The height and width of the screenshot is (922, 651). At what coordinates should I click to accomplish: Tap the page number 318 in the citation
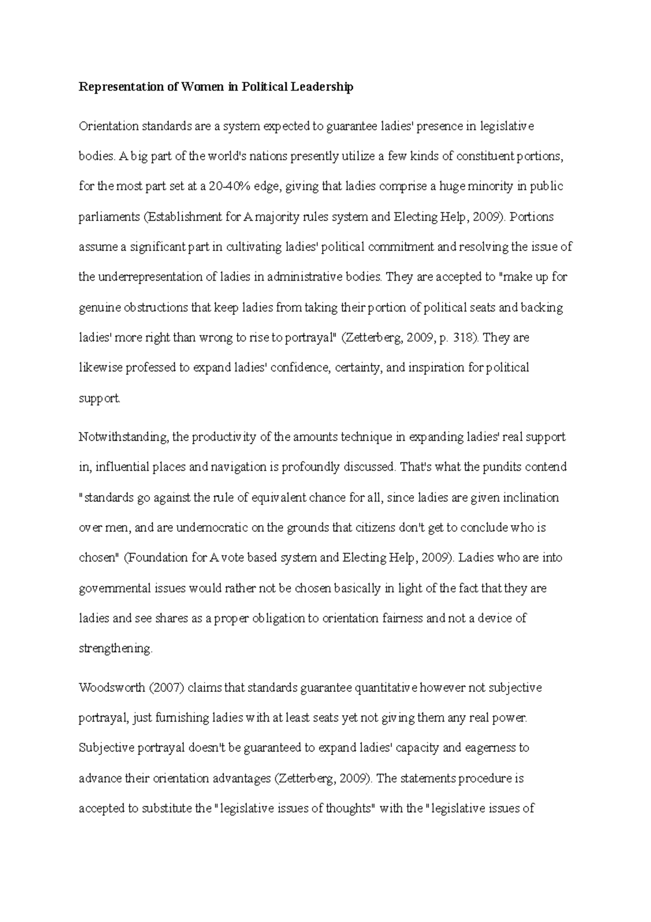coord(465,338)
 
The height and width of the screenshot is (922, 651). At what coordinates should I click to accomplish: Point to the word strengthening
coord(115,648)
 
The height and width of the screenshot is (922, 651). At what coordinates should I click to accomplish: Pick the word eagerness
coord(491,748)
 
